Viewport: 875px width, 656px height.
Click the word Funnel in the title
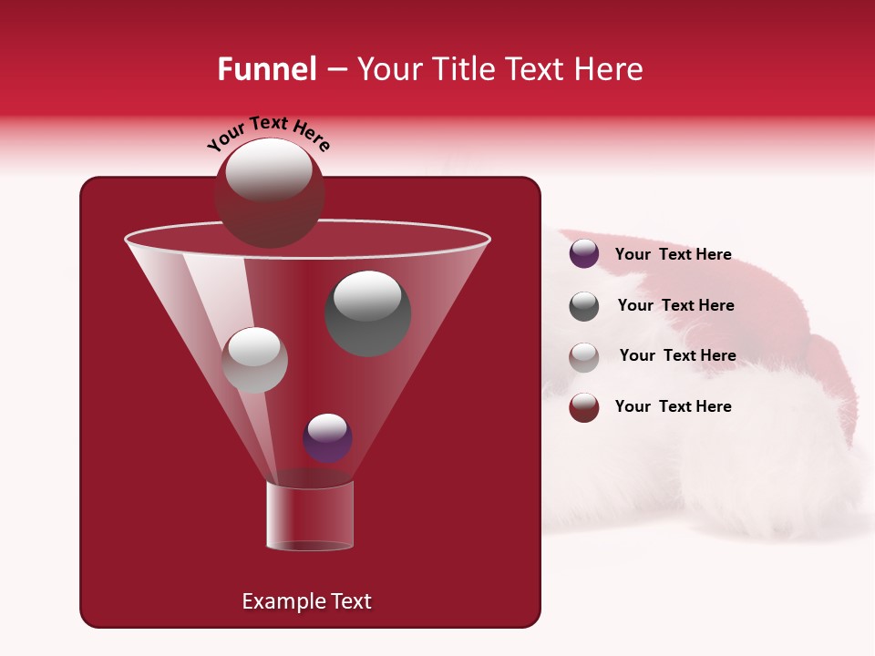[x=267, y=69]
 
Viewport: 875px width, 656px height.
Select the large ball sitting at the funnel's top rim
[x=269, y=193]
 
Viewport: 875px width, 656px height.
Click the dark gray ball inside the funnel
[x=368, y=313]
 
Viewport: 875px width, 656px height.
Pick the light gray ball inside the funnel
[x=254, y=360]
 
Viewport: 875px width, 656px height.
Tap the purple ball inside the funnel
[x=327, y=438]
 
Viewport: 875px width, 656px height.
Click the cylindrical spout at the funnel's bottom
[x=309, y=516]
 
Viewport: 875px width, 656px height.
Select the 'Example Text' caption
[x=307, y=601]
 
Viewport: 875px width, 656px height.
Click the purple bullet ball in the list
[x=584, y=254]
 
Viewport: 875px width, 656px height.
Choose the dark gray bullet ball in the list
[x=584, y=306]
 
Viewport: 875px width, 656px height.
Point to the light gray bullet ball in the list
[x=584, y=356]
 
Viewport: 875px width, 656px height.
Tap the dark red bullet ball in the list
[x=584, y=407]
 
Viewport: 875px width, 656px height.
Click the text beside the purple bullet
[x=673, y=255]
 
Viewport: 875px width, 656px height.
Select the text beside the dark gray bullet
[x=675, y=306]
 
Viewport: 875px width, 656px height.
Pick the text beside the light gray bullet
[x=677, y=356]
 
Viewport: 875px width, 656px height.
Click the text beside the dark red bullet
[x=673, y=407]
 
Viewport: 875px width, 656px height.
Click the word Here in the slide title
[x=609, y=69]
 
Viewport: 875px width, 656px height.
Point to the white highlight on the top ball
[x=269, y=170]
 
